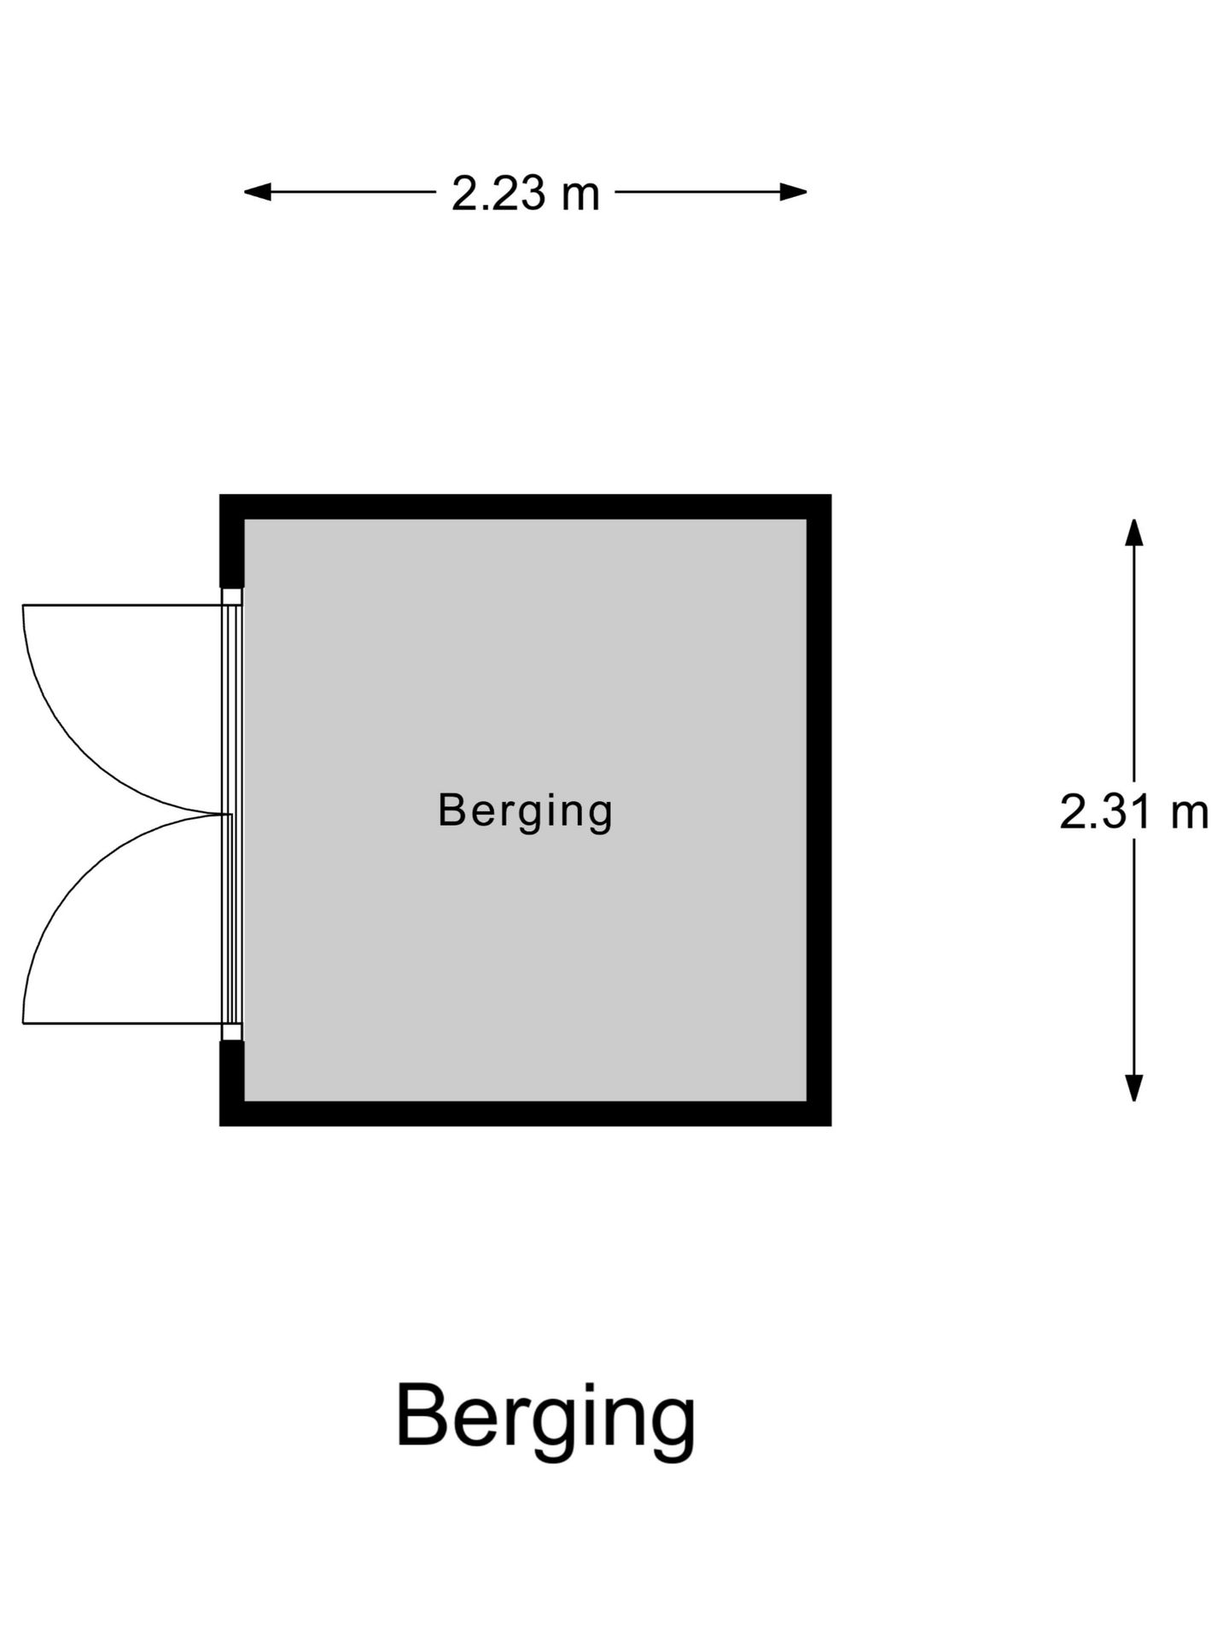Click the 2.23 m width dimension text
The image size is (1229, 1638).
[526, 194]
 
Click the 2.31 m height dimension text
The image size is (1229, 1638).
[1134, 811]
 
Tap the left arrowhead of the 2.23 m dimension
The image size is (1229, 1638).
[257, 192]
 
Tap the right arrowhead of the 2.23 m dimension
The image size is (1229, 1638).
[794, 192]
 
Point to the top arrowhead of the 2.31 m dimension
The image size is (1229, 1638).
[1133, 531]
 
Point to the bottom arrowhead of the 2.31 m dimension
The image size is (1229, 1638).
[1133, 1088]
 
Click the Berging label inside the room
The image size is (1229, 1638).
[526, 811]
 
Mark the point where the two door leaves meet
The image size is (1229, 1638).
[231, 815]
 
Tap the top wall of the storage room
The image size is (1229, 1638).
[526, 507]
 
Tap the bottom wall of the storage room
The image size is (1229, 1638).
[526, 1113]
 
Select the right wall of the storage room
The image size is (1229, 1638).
[819, 810]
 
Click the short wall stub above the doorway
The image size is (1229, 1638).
[232, 541]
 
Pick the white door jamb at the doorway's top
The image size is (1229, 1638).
[232, 596]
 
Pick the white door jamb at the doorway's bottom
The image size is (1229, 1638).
[232, 1031]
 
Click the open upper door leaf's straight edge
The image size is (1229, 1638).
[123, 605]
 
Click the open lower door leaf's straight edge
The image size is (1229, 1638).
[123, 1023]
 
